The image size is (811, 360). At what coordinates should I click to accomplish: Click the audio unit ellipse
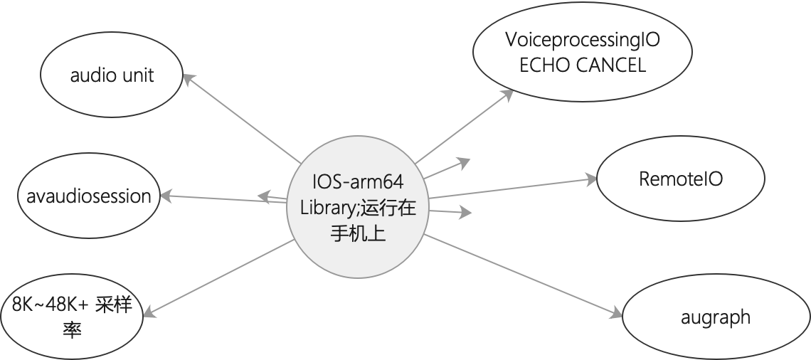[x=112, y=75]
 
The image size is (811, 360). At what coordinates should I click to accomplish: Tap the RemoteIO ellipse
[x=680, y=179]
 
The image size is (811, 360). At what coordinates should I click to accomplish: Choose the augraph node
[x=716, y=317]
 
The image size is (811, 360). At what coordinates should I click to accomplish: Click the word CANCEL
[x=610, y=65]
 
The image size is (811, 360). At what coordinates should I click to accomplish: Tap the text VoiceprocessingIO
[x=582, y=41]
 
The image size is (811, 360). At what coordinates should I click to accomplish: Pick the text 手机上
[x=358, y=233]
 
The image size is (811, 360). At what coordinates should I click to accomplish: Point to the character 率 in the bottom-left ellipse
[x=73, y=330]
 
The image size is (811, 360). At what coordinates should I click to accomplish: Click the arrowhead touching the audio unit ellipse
[x=189, y=78]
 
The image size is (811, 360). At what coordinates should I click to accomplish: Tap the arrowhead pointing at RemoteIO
[x=592, y=180]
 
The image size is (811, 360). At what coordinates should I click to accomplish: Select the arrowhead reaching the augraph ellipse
[x=617, y=313]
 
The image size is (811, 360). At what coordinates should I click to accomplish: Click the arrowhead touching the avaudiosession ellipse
[x=166, y=194]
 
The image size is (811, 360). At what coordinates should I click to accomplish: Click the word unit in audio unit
[x=138, y=75]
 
